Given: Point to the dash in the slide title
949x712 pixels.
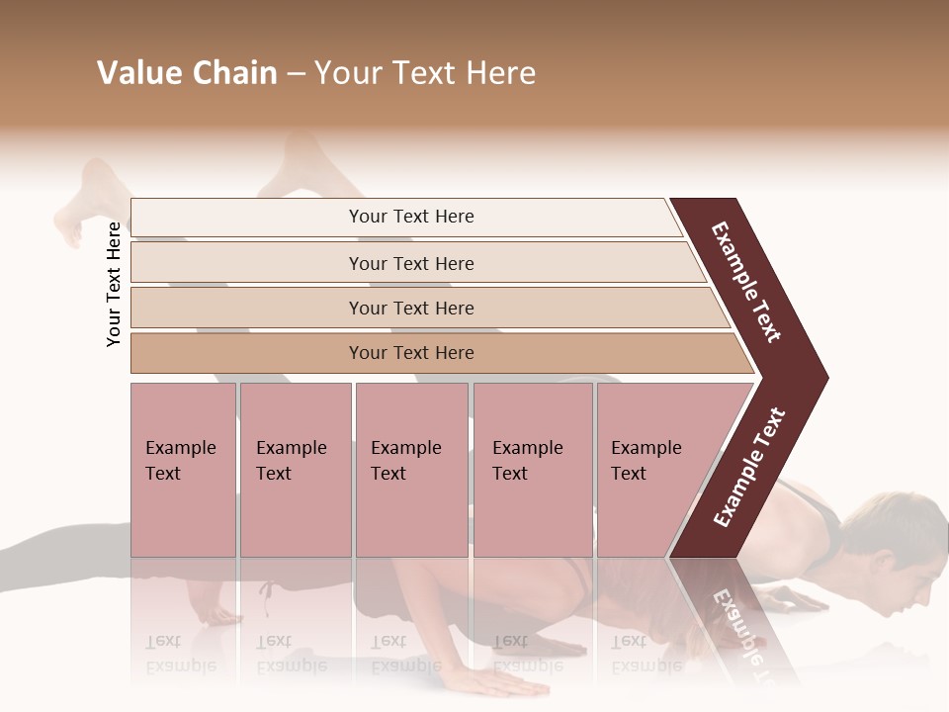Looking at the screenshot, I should [x=296, y=74].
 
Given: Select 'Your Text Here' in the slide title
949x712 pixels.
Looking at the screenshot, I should [x=425, y=73].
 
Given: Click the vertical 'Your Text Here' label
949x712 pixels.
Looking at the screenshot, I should [x=114, y=285].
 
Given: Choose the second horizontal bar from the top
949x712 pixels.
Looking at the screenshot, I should [x=411, y=263].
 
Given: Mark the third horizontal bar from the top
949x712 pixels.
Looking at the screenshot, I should [x=411, y=308].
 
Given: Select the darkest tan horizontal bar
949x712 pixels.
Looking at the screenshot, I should [x=411, y=353].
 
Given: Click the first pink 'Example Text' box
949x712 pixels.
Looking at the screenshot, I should [x=183, y=470].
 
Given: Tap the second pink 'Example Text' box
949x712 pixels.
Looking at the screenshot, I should [x=295, y=470].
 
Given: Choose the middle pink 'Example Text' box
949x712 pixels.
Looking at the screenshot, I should [x=411, y=470].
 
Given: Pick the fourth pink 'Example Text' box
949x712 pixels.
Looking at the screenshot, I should [x=532, y=470].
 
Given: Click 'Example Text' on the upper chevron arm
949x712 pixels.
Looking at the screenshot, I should [x=747, y=282].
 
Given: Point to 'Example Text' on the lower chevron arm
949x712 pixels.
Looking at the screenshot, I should [x=750, y=467].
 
